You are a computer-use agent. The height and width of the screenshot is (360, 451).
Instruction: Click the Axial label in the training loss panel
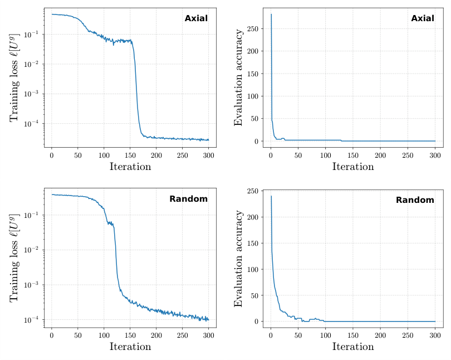[196, 18]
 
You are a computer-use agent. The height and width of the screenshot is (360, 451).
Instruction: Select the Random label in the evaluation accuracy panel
[415, 200]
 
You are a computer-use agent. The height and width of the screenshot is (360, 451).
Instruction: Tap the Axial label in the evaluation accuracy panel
[422, 18]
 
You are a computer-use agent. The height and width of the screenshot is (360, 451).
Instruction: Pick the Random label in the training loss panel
[188, 199]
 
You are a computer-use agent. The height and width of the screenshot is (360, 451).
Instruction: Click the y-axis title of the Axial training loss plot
[14, 77]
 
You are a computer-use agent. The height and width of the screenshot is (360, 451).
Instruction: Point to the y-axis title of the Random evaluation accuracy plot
[239, 259]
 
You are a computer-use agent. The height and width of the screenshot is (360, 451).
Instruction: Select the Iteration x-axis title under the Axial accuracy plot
[353, 167]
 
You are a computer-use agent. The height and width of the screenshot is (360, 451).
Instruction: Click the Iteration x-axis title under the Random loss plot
[130, 347]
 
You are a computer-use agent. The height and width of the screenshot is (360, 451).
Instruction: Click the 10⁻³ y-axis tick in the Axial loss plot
[32, 94]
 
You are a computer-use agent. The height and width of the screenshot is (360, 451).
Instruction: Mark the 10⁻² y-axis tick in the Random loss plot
[32, 250]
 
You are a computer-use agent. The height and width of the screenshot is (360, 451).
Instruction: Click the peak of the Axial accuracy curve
[271, 14]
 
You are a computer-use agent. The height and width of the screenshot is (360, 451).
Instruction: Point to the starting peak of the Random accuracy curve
[271, 196]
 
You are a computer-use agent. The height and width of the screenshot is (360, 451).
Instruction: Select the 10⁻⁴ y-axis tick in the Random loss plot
[32, 320]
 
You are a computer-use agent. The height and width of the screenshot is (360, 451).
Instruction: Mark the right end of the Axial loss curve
[209, 140]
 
